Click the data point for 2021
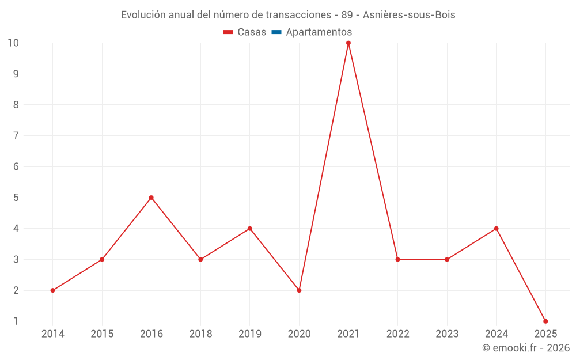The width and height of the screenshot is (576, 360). tap(348, 43)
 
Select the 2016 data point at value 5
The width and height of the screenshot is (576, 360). tap(151, 198)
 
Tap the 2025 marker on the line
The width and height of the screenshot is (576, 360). tap(545, 321)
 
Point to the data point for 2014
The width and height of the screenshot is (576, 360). tap(53, 290)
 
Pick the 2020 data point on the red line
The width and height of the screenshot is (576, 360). tap(299, 290)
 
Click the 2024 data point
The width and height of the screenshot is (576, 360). tap(496, 229)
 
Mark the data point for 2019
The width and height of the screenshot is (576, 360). tap(250, 229)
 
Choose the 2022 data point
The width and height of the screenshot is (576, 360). tap(397, 259)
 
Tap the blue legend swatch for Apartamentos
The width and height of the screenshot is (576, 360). tap(276, 32)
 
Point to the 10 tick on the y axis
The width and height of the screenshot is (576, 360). tap(13, 43)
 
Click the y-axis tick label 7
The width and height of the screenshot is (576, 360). tap(16, 136)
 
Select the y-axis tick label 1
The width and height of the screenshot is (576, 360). tap(16, 321)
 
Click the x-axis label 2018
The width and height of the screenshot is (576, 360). tap(200, 334)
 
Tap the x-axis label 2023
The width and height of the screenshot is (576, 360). tap(447, 334)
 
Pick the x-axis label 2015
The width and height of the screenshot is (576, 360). tap(102, 334)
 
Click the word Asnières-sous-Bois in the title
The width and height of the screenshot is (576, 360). tap(409, 15)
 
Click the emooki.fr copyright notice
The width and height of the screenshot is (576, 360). tap(525, 348)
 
